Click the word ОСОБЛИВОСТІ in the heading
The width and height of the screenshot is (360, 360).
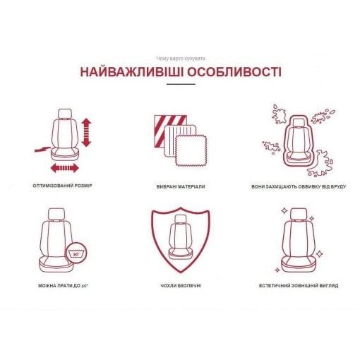click(234, 72)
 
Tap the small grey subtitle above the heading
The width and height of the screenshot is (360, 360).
click(181, 59)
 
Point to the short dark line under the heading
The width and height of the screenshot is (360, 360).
click(181, 84)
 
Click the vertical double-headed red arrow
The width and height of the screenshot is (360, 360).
click(86, 133)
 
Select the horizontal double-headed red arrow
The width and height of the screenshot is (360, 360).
click(65, 168)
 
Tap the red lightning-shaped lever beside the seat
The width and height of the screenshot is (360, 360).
click(42, 149)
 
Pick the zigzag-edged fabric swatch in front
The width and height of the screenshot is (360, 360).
click(191, 151)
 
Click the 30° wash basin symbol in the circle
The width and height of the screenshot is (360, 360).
click(76, 253)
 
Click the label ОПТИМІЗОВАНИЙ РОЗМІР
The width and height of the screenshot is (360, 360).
click(62, 186)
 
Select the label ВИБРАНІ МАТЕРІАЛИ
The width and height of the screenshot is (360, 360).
click(181, 187)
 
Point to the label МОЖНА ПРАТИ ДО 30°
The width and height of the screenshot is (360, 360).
click(63, 286)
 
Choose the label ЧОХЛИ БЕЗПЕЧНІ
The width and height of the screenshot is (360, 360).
click(181, 286)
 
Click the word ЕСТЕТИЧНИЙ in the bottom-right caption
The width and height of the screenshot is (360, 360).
click(274, 286)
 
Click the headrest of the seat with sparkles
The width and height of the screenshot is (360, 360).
click(299, 214)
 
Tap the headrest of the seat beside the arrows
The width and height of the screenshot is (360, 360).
click(65, 114)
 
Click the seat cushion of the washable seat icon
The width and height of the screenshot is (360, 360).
click(55, 264)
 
